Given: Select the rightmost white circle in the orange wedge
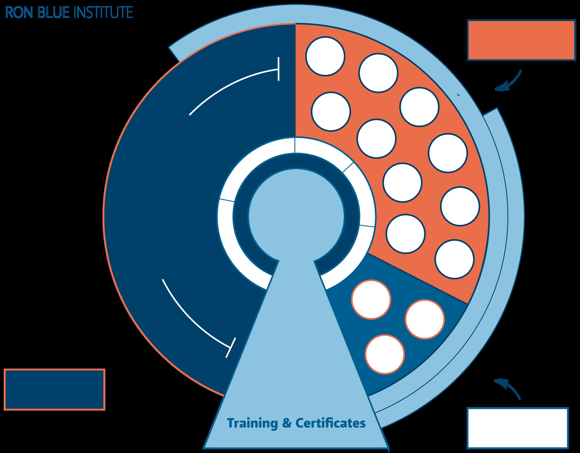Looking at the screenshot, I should [460, 206].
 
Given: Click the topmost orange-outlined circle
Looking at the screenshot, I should [371, 299].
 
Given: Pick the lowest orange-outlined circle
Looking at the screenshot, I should [385, 354].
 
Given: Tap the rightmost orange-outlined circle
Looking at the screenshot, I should [425, 319].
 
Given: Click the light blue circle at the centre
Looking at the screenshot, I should [296, 217].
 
